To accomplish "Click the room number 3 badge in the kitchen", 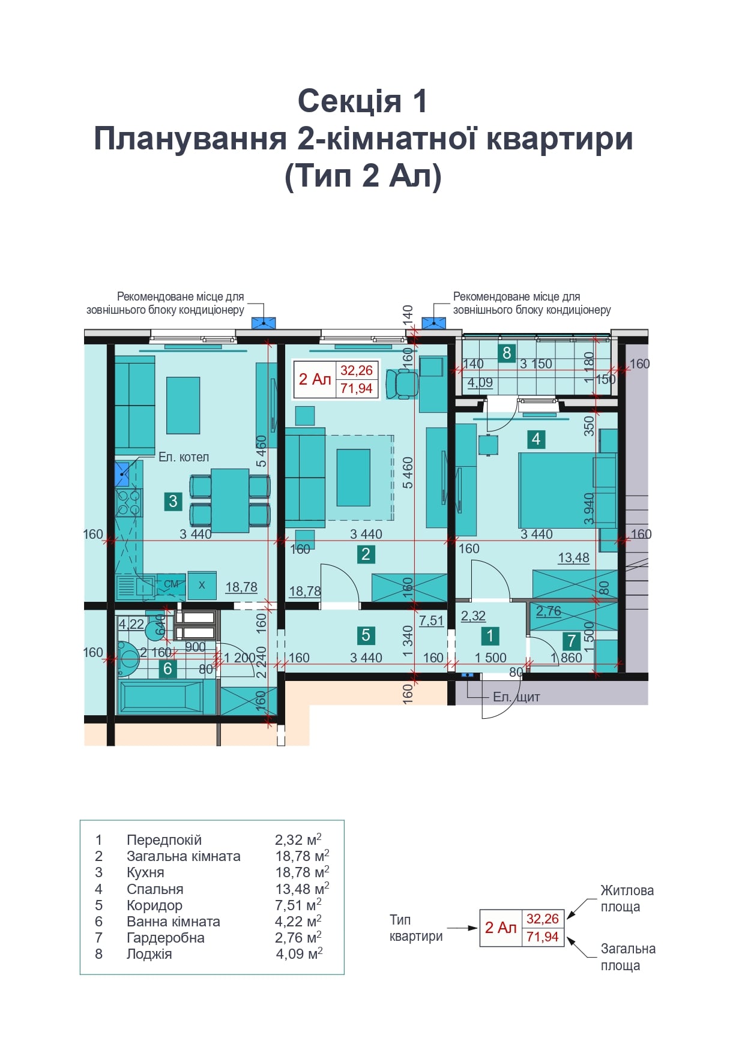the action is pos(173,501).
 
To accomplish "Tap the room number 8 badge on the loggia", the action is pos(507,353).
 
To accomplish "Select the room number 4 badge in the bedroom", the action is pos(536,439).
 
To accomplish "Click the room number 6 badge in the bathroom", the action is pos(167,668).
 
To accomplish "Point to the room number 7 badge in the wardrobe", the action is pos(572,641).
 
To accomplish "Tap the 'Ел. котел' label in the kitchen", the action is pos(184,457).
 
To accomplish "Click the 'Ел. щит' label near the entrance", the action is pos(516,697).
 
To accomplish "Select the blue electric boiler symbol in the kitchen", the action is pos(122,474).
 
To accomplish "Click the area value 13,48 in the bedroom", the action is pos(573,558).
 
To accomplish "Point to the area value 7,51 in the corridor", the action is pos(431,621).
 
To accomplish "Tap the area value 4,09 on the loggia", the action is pos(480,383).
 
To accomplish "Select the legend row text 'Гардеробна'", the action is pos(166,938).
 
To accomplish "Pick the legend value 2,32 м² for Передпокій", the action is pos(298,839).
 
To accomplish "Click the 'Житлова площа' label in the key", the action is pos(627,899).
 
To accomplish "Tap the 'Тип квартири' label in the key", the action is pos(416,928).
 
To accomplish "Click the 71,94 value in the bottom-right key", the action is pos(543,937).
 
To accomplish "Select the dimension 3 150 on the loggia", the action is pos(536,364).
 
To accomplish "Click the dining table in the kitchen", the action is pos(230,500).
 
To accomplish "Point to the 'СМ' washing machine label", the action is pos(171,584).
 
